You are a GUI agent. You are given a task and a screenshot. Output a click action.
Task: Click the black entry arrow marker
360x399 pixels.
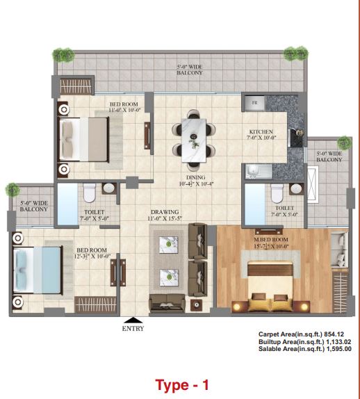(x=133, y=320)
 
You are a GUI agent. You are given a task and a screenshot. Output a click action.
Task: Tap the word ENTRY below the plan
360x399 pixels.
(x=133, y=329)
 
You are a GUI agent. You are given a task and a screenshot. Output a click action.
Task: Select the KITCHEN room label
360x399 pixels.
(x=261, y=132)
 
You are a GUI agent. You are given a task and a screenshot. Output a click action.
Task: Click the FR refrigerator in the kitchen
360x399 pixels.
(x=254, y=103)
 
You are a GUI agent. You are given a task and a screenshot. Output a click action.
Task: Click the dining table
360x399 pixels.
(x=194, y=140)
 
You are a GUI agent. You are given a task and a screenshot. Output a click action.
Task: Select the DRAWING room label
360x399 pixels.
(x=165, y=212)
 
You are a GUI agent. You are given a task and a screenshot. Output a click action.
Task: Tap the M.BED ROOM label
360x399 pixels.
(x=271, y=240)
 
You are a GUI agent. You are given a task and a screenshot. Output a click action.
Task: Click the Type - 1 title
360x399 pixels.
(x=182, y=385)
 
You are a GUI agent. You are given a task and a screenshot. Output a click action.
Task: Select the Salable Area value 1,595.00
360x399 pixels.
(x=338, y=349)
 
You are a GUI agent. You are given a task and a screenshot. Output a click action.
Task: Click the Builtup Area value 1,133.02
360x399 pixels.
(x=338, y=341)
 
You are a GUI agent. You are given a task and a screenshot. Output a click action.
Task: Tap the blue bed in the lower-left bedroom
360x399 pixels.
(x=38, y=270)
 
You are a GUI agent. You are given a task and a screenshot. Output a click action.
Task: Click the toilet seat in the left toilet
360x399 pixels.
(x=89, y=193)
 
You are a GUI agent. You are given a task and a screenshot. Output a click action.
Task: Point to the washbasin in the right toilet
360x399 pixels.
(x=296, y=189)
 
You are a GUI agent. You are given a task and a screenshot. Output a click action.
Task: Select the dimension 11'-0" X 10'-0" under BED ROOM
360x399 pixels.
(x=124, y=111)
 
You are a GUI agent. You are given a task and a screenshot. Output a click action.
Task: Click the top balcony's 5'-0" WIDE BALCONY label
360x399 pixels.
(x=190, y=70)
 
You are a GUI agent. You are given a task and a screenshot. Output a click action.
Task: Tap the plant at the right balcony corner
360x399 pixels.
(x=344, y=142)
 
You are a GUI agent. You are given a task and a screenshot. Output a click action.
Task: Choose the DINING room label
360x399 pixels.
(x=196, y=177)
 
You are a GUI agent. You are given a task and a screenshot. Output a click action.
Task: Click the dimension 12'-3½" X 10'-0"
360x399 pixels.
(x=92, y=256)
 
